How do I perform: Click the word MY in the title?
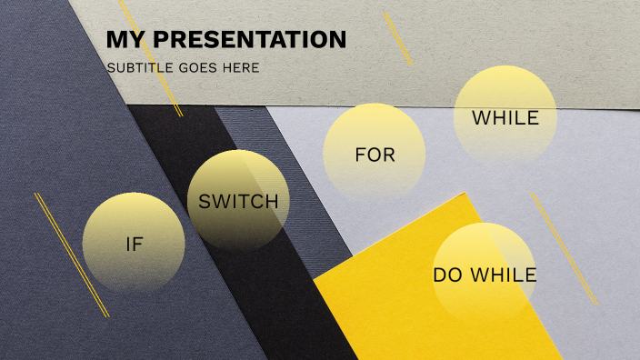click(x=125, y=40)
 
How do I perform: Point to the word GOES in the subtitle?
click(x=203, y=68)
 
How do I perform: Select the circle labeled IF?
click(x=134, y=243)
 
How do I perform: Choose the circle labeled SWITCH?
click(x=238, y=201)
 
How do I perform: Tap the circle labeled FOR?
click(x=375, y=155)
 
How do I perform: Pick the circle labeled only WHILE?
click(x=505, y=117)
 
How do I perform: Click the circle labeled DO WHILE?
click(x=484, y=274)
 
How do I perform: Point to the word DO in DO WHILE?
click(x=446, y=275)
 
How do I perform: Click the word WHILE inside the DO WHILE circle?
click(x=502, y=275)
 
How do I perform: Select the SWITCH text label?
click(x=238, y=202)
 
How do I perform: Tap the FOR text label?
click(x=375, y=155)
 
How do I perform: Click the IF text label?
click(x=134, y=244)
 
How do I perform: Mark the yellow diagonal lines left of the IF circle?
click(x=72, y=255)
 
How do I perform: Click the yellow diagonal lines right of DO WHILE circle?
click(x=565, y=248)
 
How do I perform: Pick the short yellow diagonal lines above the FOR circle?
click(x=397, y=39)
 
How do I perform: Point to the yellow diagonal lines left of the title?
click(x=151, y=57)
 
